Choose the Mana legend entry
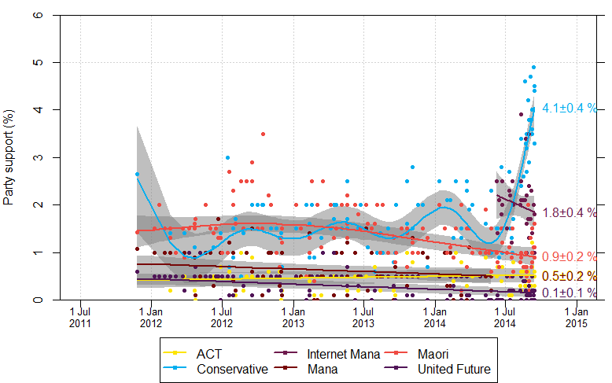click(x=318, y=368)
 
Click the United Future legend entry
click(x=452, y=368)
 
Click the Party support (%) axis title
click(x=10, y=157)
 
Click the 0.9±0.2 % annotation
click(x=570, y=256)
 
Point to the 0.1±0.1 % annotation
click(x=570, y=293)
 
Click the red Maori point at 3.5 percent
click(x=263, y=134)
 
